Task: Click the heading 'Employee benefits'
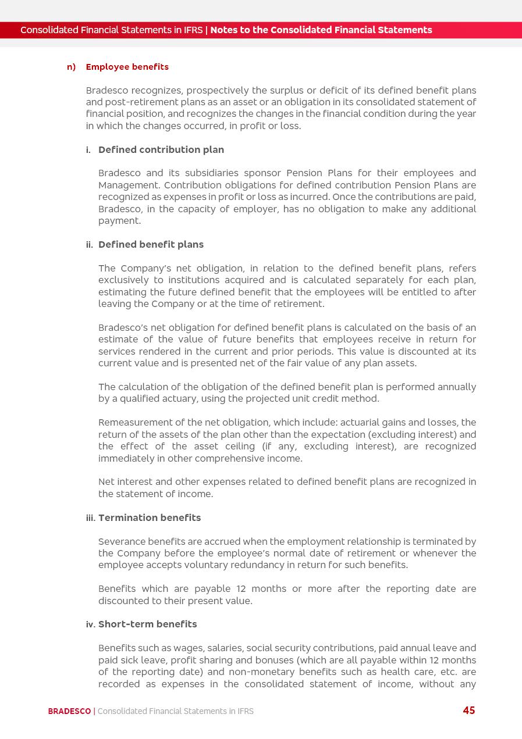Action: [127, 67]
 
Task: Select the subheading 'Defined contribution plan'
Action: [161, 149]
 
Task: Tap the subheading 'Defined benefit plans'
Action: [151, 244]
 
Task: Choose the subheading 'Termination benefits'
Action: [150, 517]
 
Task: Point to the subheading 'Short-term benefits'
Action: [148, 624]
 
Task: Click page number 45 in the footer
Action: [469, 711]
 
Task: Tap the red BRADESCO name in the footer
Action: [69, 711]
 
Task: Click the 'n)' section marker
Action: [71, 67]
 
